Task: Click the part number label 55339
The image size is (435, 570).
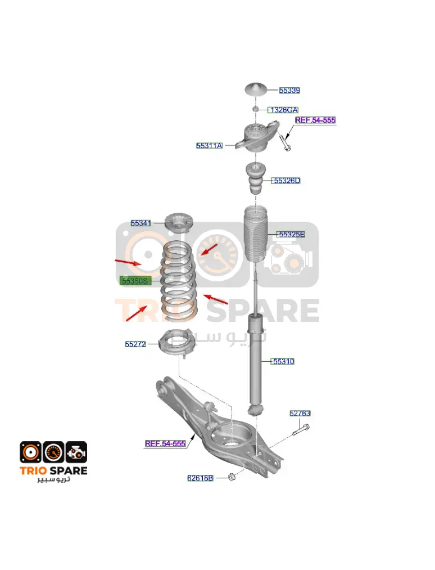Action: [x=289, y=90]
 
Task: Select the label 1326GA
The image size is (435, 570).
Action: [x=284, y=110]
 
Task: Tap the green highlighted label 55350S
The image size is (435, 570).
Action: [x=135, y=281]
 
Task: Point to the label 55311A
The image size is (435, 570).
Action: [x=210, y=145]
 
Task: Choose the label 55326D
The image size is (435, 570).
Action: [x=287, y=181]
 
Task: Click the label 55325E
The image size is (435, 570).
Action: [x=291, y=235]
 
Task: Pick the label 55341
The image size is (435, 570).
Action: [x=141, y=223]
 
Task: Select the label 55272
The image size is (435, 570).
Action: [x=135, y=344]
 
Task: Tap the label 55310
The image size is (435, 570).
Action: [x=283, y=361]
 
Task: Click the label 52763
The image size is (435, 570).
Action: [x=300, y=414]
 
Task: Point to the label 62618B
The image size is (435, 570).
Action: [x=201, y=478]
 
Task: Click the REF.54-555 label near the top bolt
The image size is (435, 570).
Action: [x=315, y=120]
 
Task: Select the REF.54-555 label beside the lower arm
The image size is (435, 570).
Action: [x=165, y=443]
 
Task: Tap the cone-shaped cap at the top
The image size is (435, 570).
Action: [x=256, y=89]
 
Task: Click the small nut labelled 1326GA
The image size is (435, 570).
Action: [x=256, y=109]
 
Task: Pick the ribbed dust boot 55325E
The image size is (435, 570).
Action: [x=256, y=234]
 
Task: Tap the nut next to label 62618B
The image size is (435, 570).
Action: [x=232, y=477]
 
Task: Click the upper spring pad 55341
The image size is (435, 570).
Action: [x=179, y=222]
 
